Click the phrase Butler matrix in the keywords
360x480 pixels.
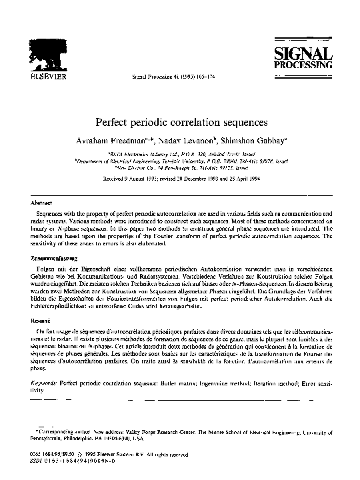tap(175, 384)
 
